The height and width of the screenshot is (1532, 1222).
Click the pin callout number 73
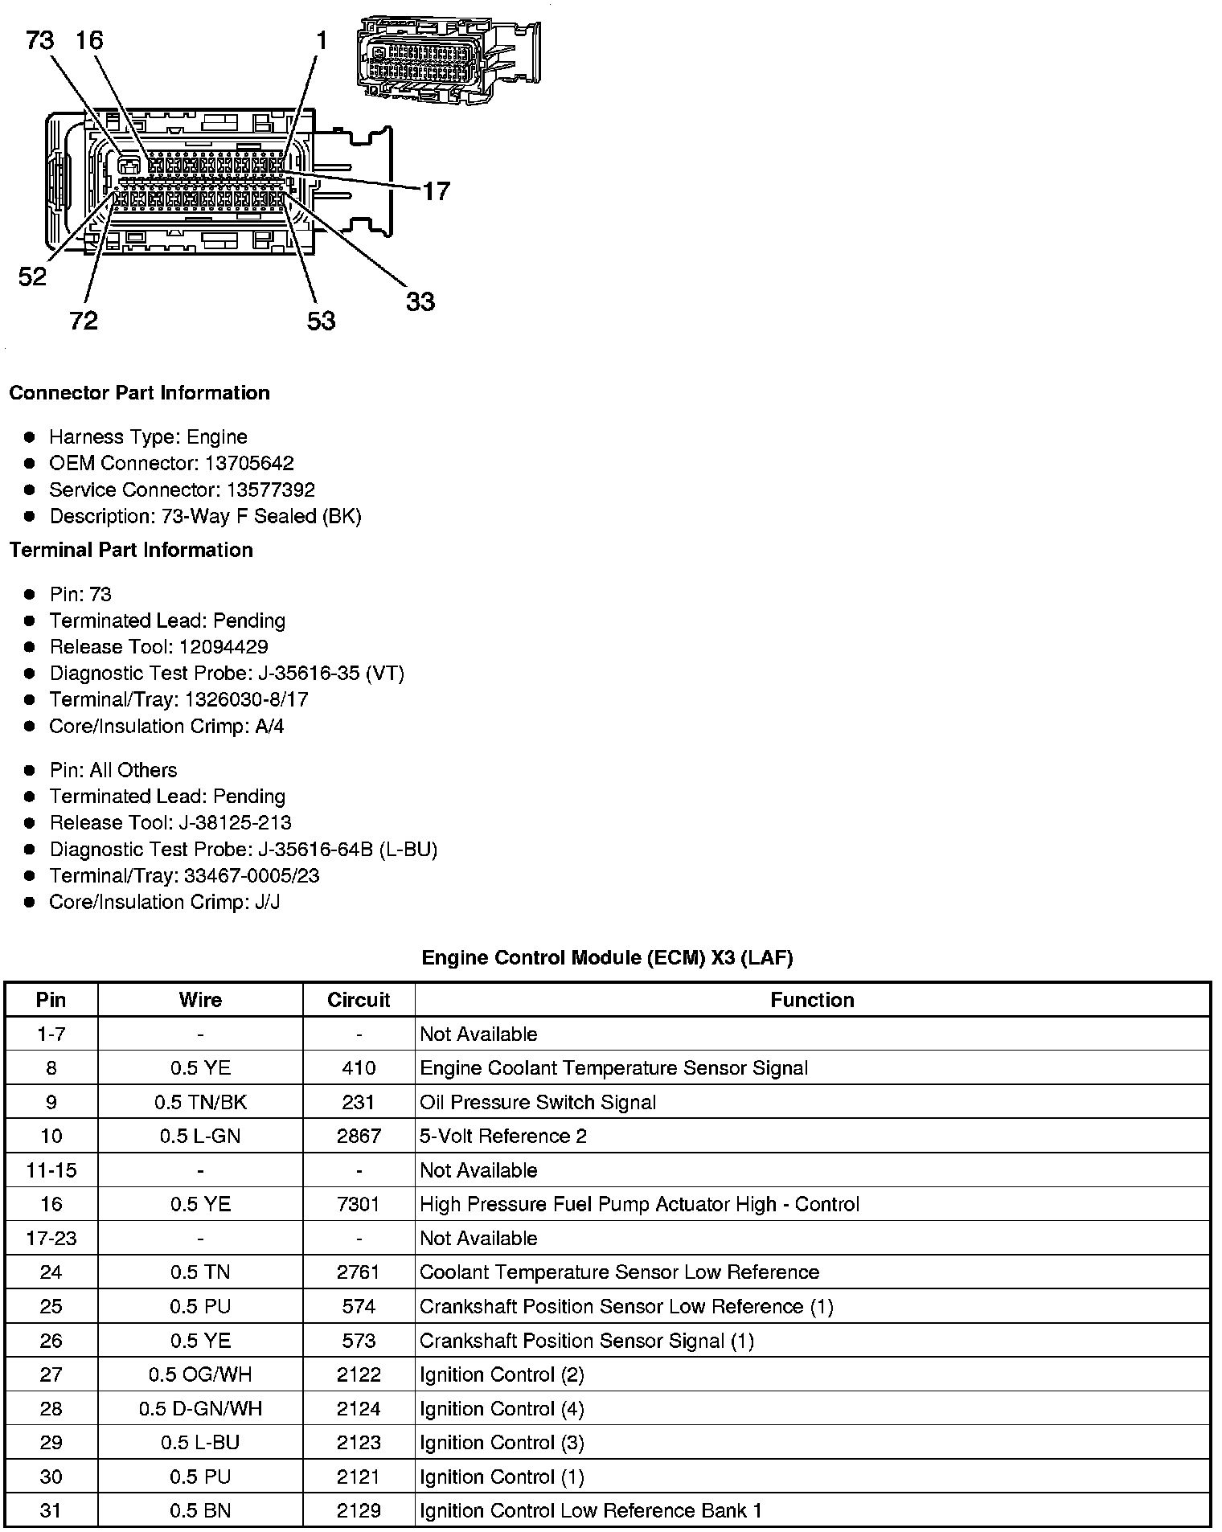[x=40, y=39]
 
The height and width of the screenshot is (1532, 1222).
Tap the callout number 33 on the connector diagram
[x=420, y=301]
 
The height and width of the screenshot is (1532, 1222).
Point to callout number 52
[x=32, y=277]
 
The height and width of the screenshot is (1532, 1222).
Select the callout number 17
[x=436, y=191]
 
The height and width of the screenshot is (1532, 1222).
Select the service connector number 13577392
[x=270, y=490]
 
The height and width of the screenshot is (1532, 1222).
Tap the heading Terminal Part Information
[x=131, y=550]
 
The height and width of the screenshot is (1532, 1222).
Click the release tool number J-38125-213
[x=236, y=822]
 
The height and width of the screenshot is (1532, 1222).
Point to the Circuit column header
[x=359, y=1000]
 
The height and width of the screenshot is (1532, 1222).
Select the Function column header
[x=812, y=1000]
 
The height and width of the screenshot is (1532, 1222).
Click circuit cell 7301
[x=359, y=1204]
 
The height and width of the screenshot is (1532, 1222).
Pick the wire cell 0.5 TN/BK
[x=200, y=1102]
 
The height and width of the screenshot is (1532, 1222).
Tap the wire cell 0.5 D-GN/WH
[x=200, y=1408]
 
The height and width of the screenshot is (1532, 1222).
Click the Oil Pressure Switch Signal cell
[x=538, y=1102]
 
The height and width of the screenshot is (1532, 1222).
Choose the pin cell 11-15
[x=51, y=1169]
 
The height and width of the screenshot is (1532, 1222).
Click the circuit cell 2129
[x=359, y=1510]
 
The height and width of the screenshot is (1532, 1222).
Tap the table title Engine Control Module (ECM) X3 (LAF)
[x=607, y=957]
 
